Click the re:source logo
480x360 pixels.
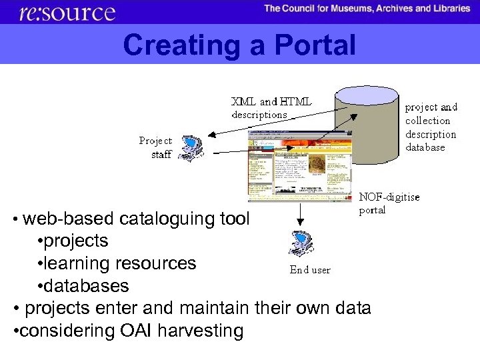click(67, 12)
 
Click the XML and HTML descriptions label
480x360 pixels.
click(271, 108)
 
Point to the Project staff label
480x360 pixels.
click(156, 147)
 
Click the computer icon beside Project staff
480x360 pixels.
click(193, 148)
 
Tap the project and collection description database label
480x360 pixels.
click(431, 127)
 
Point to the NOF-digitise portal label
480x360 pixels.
click(389, 203)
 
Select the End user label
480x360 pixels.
click(309, 270)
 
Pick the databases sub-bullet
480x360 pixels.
click(86, 286)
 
